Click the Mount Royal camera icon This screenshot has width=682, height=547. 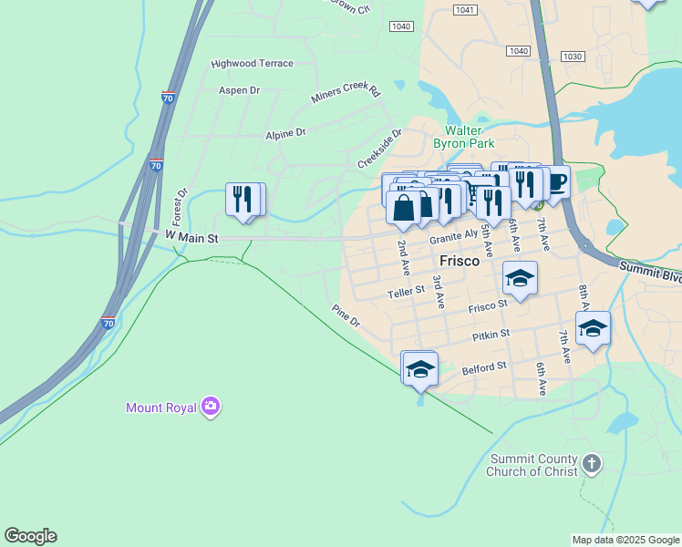click(211, 407)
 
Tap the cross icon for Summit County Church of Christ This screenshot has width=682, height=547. click(591, 465)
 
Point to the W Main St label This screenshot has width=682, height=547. click(192, 238)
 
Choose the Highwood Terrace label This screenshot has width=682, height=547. click(252, 64)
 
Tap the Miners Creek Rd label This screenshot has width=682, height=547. click(345, 91)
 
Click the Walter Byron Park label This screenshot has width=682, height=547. click(469, 137)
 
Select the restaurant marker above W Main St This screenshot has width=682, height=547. click(244, 200)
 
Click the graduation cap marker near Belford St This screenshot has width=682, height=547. click(419, 368)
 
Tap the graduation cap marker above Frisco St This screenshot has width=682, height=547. click(520, 278)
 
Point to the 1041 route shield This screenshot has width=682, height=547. click(464, 9)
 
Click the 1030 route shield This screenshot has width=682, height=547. click(573, 57)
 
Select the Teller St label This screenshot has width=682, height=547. click(406, 292)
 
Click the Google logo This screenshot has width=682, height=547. click(30, 536)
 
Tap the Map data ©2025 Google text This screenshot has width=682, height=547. click(625, 540)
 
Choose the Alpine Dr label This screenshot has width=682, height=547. click(285, 133)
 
